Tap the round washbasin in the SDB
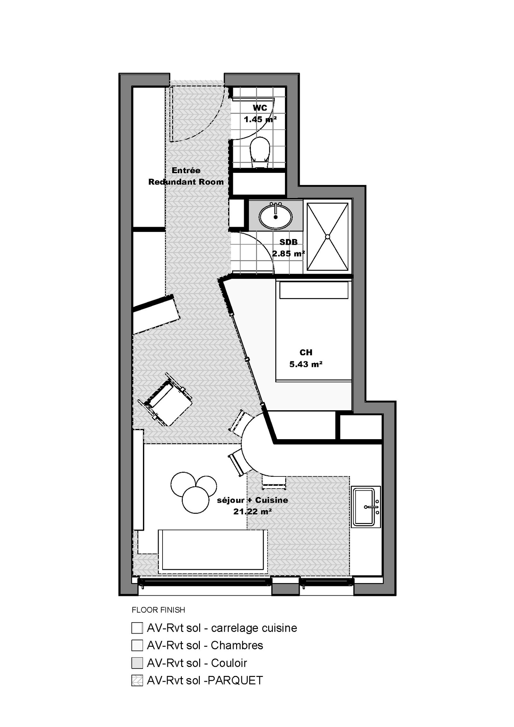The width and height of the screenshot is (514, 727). [x=276, y=216]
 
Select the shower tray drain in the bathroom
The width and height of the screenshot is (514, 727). [x=327, y=236]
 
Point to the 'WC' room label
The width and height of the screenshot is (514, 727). [x=260, y=108]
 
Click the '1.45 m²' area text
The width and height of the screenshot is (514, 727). [x=260, y=120]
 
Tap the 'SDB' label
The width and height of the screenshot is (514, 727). [x=288, y=242]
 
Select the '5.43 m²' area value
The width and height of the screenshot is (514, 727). [x=306, y=364]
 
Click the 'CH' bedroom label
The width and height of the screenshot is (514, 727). [x=306, y=352]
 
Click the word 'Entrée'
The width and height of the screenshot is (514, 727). [x=186, y=170]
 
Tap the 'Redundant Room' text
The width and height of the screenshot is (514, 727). [x=186, y=182]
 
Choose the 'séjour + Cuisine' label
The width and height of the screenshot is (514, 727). [x=253, y=500]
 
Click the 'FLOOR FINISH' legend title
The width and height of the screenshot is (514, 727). [x=158, y=610]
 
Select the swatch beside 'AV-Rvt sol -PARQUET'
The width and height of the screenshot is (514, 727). [x=137, y=680]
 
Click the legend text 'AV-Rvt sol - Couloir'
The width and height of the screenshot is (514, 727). [x=197, y=663]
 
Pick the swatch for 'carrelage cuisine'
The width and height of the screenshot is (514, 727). [x=137, y=628]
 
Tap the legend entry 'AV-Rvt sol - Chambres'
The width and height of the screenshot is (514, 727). [x=205, y=645]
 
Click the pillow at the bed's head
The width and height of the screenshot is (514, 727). [x=314, y=290]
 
